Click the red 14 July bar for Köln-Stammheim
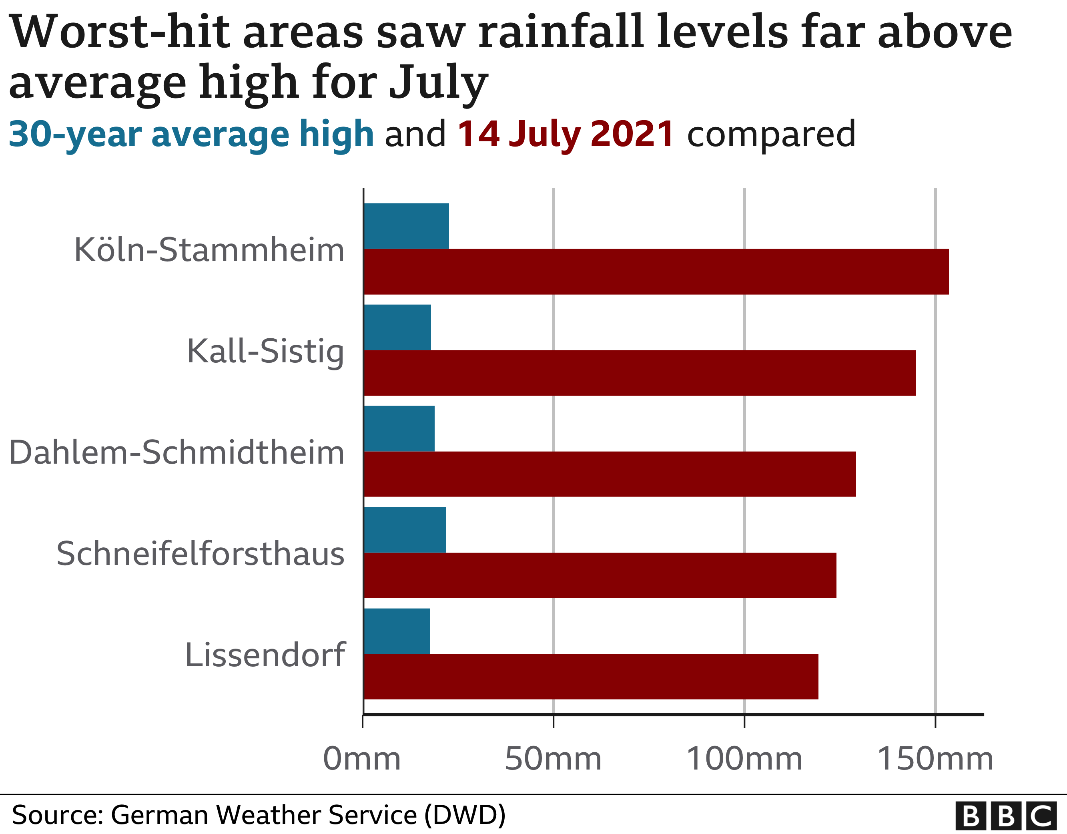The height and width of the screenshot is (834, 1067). [x=656, y=271]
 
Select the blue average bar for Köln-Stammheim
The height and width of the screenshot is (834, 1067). [x=406, y=226]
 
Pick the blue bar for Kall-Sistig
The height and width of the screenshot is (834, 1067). [x=397, y=327]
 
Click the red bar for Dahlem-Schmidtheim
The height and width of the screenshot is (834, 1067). [x=609, y=474]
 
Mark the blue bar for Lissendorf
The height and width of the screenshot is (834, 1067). [x=397, y=631]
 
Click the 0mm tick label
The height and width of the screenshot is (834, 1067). [x=362, y=759]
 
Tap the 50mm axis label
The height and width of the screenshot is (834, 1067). [x=553, y=759]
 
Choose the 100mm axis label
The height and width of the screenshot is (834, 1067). [x=744, y=759]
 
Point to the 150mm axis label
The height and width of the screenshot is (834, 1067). [x=935, y=759]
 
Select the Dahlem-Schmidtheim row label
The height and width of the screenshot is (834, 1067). [x=177, y=453]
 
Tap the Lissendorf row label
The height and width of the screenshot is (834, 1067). [x=265, y=655]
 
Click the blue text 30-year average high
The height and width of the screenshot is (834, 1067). [x=191, y=134]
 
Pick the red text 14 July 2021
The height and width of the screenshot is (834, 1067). [x=566, y=134]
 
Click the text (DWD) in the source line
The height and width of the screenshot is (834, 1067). [x=465, y=814]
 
